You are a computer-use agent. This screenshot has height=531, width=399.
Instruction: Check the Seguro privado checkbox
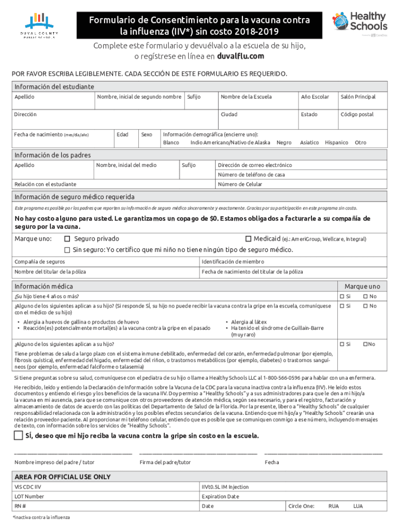(67, 239)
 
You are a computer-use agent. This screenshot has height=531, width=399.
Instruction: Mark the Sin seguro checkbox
(67, 250)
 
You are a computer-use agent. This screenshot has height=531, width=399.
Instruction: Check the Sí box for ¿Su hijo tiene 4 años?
(342, 297)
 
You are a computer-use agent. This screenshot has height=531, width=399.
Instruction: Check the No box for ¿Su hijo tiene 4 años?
(365, 297)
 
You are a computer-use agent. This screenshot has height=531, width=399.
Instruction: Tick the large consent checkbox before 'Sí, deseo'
(19, 435)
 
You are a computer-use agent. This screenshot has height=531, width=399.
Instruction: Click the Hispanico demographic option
(336, 143)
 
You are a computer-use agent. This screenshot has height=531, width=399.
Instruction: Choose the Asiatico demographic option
(309, 143)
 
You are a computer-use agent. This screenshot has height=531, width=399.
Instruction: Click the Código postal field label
(357, 115)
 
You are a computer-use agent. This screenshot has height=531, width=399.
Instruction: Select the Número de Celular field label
(240, 184)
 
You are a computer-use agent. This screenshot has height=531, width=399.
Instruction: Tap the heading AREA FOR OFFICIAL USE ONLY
(62, 477)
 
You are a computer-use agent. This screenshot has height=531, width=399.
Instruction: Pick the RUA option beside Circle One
(334, 506)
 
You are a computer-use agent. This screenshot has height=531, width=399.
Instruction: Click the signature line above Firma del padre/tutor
(198, 453)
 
